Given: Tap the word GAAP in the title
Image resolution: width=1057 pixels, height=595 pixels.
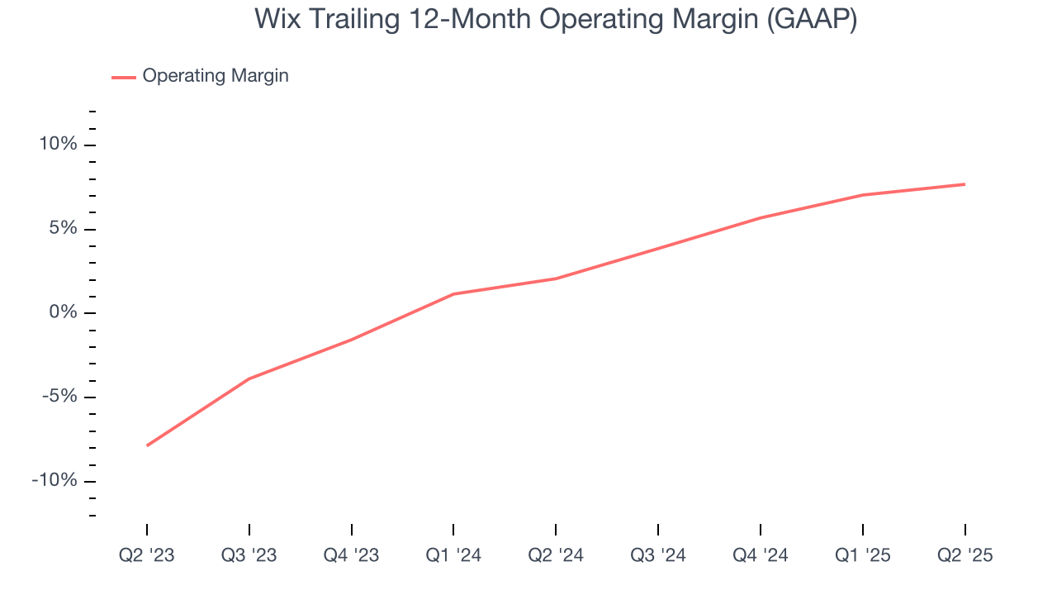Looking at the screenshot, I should [812, 19].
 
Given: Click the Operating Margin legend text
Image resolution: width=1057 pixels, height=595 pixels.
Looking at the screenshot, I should [216, 76].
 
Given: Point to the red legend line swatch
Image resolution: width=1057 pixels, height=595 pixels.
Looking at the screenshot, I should [124, 77].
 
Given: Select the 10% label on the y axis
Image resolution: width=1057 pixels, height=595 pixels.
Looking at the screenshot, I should [57, 145].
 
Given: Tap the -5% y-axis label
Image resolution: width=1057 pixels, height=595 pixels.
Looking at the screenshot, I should [59, 397].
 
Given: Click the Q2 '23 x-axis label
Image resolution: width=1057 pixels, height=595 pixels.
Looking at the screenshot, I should [147, 555].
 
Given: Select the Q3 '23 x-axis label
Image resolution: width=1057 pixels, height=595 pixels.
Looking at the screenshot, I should [249, 555].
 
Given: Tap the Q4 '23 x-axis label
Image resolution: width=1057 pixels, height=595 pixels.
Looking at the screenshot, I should [351, 555].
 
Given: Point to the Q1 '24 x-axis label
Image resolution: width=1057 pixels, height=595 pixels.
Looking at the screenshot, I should [453, 555].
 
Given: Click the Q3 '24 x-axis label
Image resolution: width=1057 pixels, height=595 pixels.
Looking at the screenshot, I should [658, 555].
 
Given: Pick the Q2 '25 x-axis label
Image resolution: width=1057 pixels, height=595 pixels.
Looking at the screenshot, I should [965, 555].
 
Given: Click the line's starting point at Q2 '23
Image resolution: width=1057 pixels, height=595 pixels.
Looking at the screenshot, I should [147, 445].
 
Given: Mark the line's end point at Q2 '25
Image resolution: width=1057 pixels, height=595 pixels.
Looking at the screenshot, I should [965, 184].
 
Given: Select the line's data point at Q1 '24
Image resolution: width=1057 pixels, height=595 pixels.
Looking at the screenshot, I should [453, 294].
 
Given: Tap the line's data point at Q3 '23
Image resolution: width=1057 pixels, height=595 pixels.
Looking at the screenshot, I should [249, 378].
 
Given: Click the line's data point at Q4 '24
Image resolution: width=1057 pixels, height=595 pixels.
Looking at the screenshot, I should [761, 217].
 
